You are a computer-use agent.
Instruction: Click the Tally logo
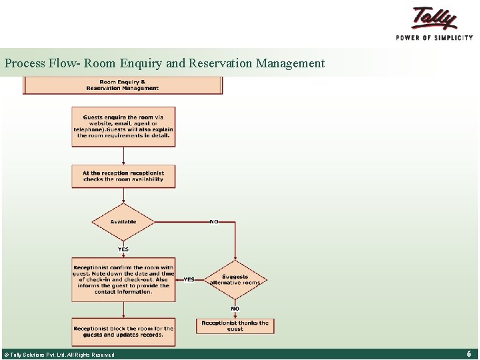(435, 18)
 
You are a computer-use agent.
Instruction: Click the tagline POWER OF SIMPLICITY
(434, 38)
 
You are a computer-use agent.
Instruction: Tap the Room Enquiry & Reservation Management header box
(123, 85)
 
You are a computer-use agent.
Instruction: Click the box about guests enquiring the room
(123, 127)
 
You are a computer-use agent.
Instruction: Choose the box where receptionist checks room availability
(123, 176)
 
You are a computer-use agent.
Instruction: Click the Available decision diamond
(123, 222)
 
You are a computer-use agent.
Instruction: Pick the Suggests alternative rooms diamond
(235, 279)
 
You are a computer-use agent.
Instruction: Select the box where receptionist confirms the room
(123, 280)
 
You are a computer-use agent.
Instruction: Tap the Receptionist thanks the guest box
(235, 325)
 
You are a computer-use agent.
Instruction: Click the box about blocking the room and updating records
(123, 331)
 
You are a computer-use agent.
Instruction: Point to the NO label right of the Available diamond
(214, 221)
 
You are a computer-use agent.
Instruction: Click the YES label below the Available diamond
(123, 249)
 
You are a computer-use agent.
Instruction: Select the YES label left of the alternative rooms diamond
(189, 279)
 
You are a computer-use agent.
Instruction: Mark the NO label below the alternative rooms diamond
(235, 309)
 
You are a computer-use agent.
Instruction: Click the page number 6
(469, 354)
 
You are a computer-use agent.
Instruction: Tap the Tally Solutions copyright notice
(60, 355)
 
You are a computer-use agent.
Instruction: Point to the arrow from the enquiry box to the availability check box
(123, 155)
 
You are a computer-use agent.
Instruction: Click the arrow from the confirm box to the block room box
(123, 310)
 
